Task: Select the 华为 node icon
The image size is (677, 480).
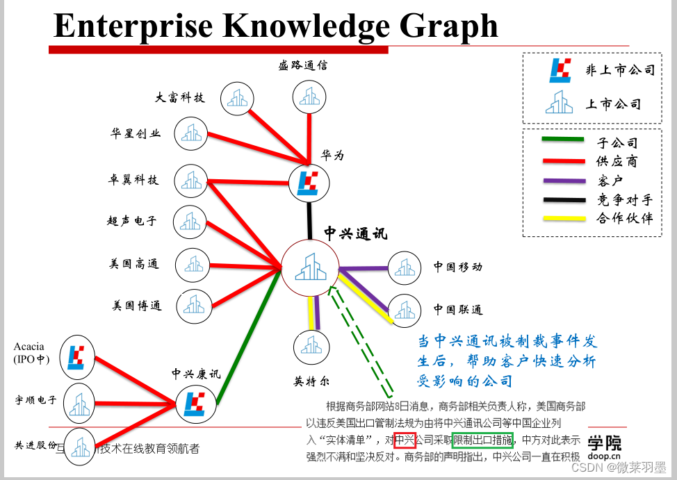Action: pyautogui.click(x=309, y=182)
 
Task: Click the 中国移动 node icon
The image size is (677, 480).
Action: pyautogui.click(x=405, y=267)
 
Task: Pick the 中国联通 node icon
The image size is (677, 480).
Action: pyautogui.click(x=405, y=309)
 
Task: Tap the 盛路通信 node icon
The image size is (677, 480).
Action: pyautogui.click(x=309, y=97)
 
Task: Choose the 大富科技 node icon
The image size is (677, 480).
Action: pyautogui.click(x=237, y=98)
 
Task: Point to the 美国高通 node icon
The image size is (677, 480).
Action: pyautogui.click(x=192, y=264)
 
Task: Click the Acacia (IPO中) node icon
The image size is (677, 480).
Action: pyautogui.click(x=76, y=357)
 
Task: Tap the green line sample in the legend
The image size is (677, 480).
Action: pyautogui.click(x=562, y=141)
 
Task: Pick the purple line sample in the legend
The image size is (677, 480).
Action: pyautogui.click(x=562, y=181)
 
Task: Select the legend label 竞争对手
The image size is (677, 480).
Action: pyautogui.click(x=624, y=200)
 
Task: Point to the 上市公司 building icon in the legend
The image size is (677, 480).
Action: pyautogui.click(x=560, y=103)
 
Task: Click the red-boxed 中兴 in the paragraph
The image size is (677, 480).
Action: pyautogui.click(x=405, y=440)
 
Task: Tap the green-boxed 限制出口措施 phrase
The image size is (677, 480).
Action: pyautogui.click(x=482, y=440)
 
